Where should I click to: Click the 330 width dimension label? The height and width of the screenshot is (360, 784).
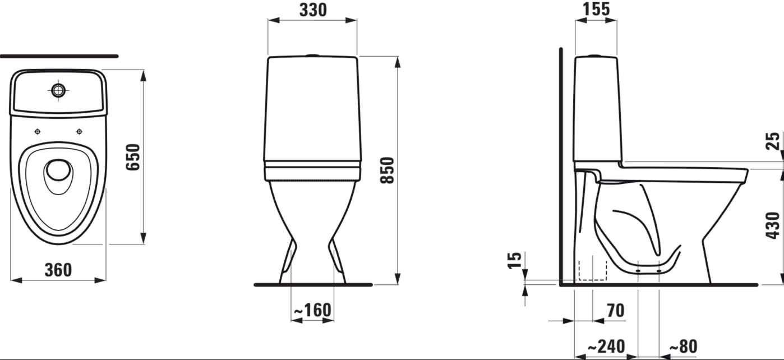click(313, 10)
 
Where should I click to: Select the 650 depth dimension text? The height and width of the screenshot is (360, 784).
click(133, 157)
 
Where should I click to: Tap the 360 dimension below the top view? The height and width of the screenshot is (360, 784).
click(58, 270)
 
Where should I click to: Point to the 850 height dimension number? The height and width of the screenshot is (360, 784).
click(388, 170)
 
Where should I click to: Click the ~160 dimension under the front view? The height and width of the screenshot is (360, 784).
click(312, 310)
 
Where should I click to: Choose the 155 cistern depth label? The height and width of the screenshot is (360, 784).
click(596, 9)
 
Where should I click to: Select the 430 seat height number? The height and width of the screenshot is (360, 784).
click(773, 225)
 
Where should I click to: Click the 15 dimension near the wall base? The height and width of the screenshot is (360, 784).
click(514, 260)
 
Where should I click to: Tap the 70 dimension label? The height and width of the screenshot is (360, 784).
click(616, 311)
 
